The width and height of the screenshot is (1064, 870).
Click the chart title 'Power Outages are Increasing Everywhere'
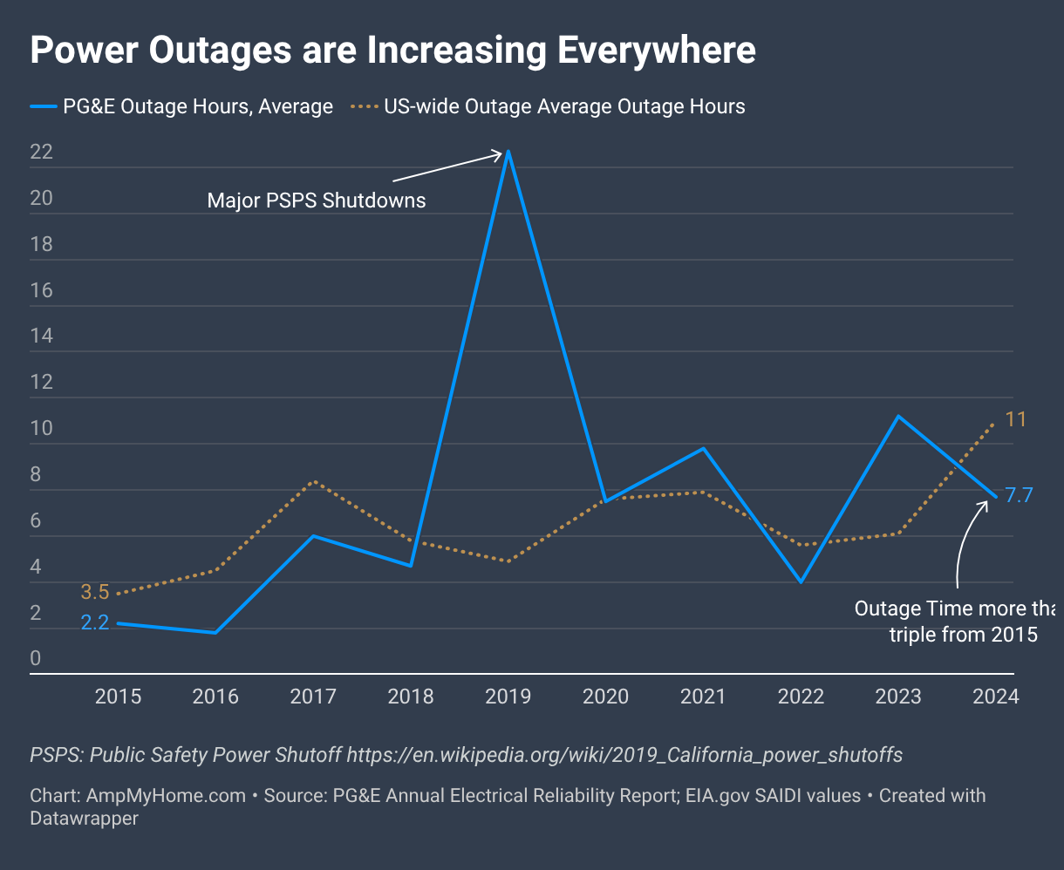(392, 51)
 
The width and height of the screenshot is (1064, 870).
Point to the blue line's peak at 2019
(508, 152)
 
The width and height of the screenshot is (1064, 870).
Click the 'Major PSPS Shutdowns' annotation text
(317, 201)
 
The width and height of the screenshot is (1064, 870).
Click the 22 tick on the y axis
(42, 153)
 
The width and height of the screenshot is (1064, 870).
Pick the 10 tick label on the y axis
(42, 429)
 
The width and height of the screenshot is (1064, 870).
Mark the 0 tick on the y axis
(36, 659)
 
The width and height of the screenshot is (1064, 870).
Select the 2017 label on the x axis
(313, 697)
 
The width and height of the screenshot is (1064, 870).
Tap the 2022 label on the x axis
(801, 697)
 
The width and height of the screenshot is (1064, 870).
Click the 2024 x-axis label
(995, 697)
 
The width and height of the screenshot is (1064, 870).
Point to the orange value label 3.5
(95, 592)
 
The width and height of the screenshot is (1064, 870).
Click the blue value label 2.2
(95, 623)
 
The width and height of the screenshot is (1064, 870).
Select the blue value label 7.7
(1019, 496)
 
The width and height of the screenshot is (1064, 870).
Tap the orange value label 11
(1015, 419)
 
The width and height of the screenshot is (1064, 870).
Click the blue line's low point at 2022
(801, 581)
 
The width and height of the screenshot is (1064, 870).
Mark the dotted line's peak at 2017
(313, 482)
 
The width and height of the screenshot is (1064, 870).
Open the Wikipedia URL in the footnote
(624, 754)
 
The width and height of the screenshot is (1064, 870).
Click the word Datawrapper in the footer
(84, 819)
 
